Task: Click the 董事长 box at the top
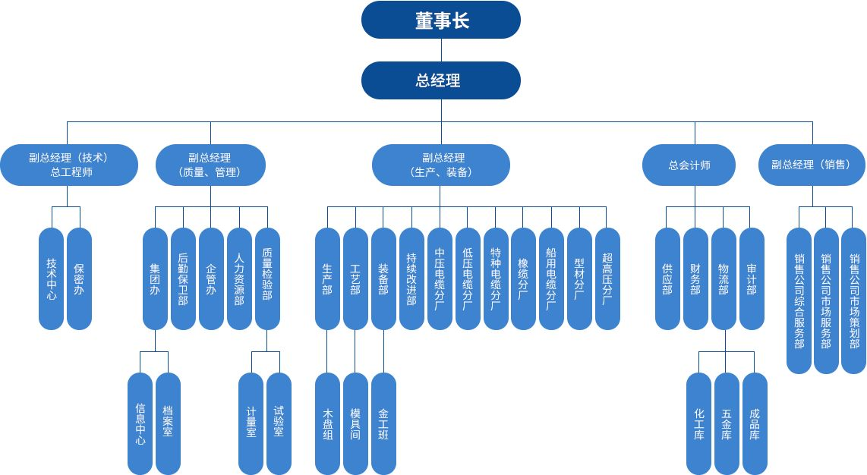[x=440, y=20]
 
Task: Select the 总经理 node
[x=440, y=80]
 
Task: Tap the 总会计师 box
[x=689, y=165]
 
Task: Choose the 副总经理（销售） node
[x=812, y=165]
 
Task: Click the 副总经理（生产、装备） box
[x=440, y=165]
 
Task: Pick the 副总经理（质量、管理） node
[x=210, y=165]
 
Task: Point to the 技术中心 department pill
[x=52, y=278]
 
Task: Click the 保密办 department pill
[x=79, y=278]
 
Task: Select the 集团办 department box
[x=155, y=278]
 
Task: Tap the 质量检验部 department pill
[x=266, y=278]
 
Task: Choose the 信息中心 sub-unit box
[x=140, y=423]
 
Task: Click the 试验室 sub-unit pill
[x=279, y=423]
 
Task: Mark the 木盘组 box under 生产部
[x=328, y=423]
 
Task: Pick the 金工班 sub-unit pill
[x=383, y=423]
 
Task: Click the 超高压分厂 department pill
[x=607, y=278]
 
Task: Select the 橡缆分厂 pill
[x=523, y=278]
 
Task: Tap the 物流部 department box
[x=724, y=278]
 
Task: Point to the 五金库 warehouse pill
[x=727, y=423]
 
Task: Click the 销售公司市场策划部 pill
[x=853, y=300]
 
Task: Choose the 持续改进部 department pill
[x=411, y=278]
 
